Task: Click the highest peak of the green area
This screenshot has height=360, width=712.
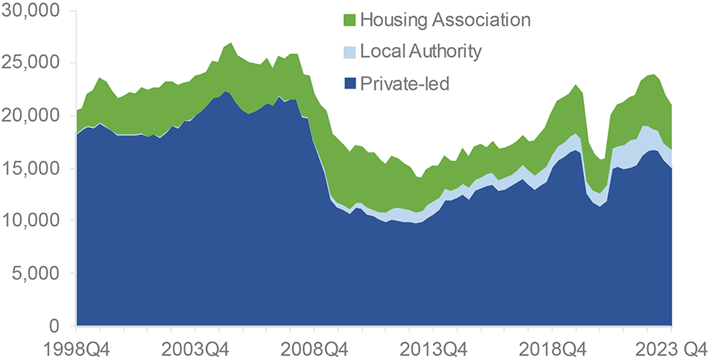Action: pyautogui.click(x=232, y=43)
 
